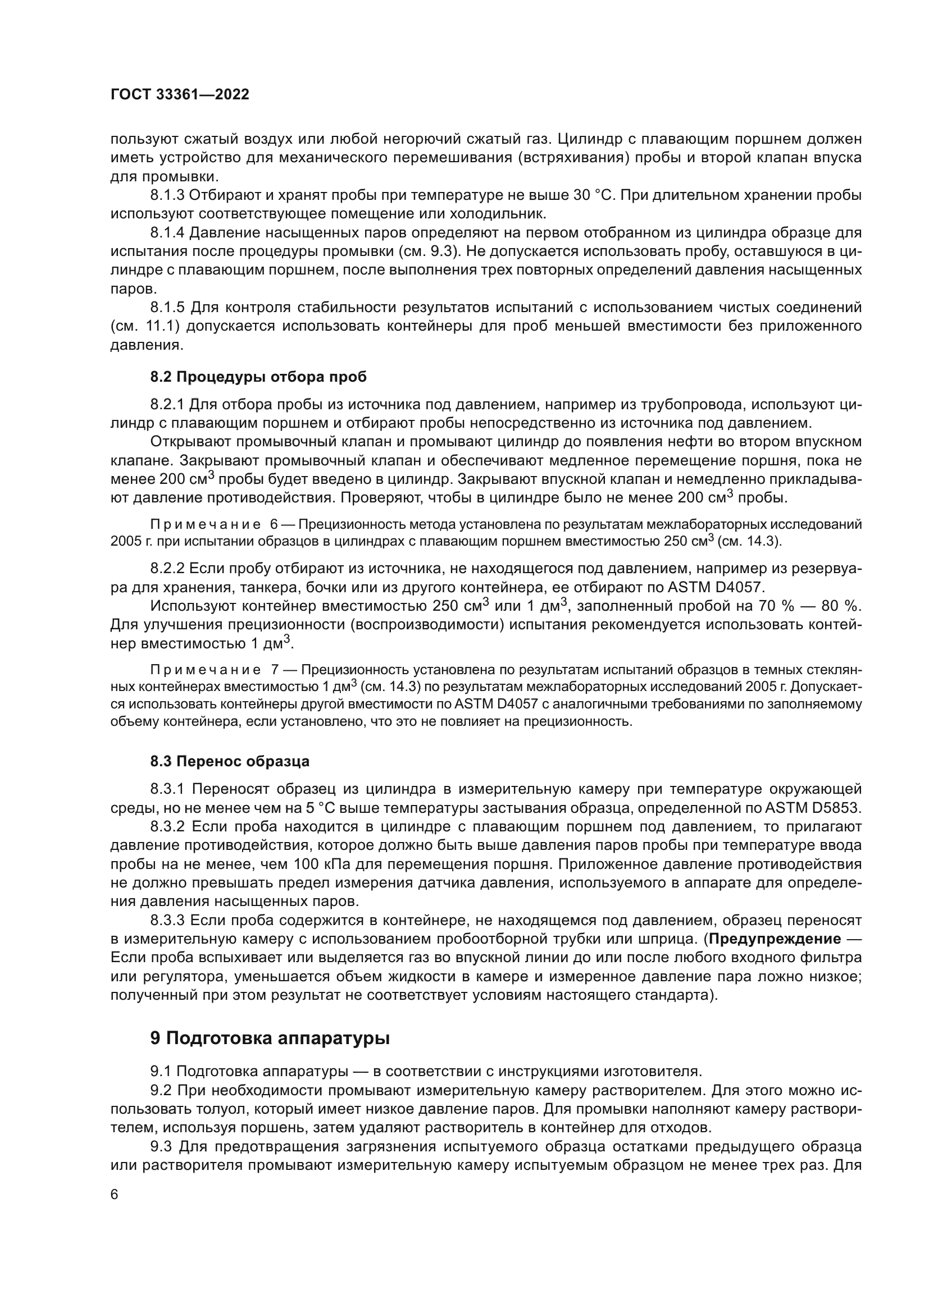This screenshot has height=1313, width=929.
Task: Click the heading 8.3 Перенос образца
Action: click(x=230, y=761)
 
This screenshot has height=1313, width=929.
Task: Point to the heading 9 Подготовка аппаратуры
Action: click(x=270, y=1038)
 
